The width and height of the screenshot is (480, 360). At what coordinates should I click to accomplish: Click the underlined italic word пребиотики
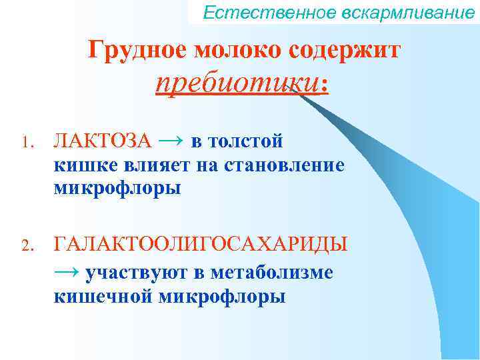point(236,84)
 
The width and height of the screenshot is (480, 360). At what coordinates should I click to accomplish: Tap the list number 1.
point(26,143)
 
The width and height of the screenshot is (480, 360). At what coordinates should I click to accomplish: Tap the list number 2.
point(26,245)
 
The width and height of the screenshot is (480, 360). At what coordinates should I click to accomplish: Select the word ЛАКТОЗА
point(103,142)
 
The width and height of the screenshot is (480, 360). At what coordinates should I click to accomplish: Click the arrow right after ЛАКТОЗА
point(171,141)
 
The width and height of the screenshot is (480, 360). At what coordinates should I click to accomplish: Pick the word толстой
point(247,142)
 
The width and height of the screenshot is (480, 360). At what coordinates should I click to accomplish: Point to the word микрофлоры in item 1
point(117,189)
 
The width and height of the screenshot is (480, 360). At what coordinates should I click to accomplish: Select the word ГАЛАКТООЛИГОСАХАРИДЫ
point(200,244)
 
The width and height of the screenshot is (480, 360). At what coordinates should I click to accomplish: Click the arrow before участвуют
point(66,271)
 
